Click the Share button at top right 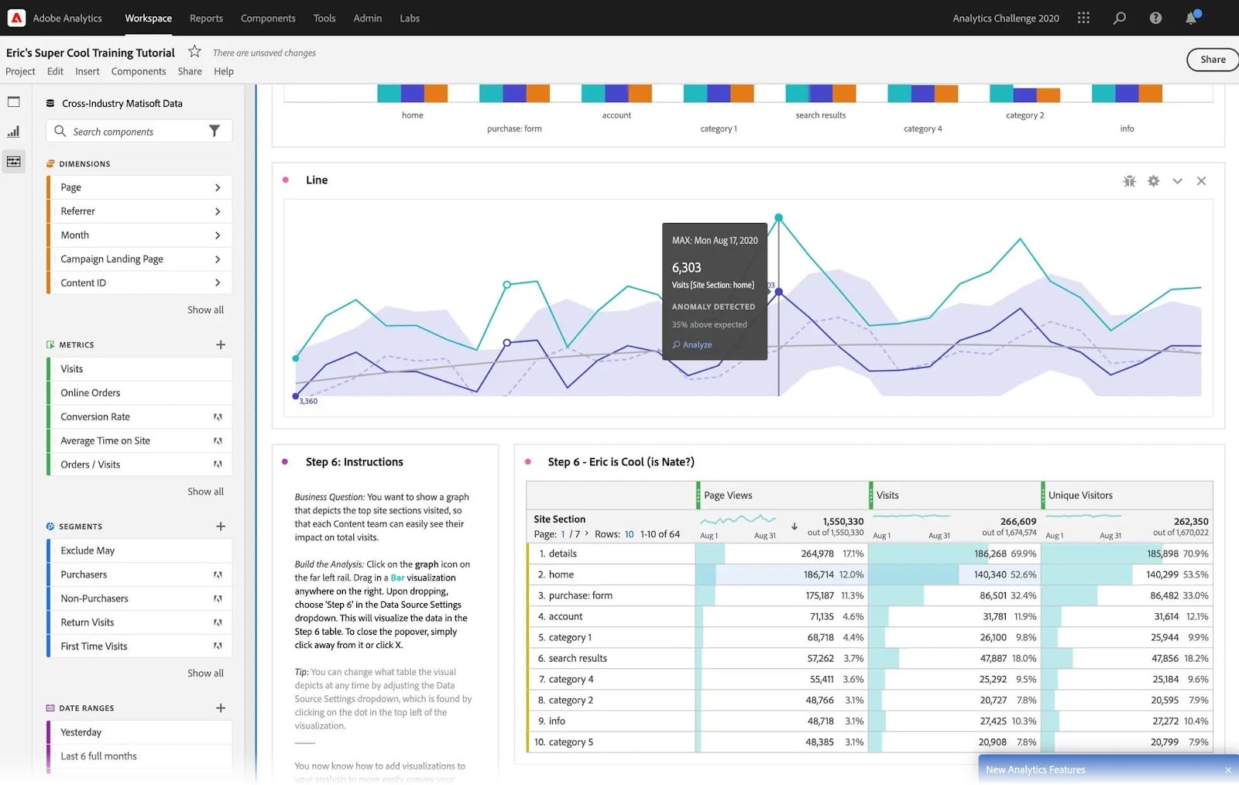tap(1212, 60)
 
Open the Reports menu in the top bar tap(206, 18)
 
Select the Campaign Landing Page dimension tap(112, 259)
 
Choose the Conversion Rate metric tap(95, 416)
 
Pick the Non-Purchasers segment tap(94, 598)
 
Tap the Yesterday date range tap(81, 732)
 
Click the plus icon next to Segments tap(221, 526)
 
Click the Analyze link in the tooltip tap(696, 345)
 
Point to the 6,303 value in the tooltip tap(686, 268)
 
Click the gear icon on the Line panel tap(1154, 181)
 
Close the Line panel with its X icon tap(1201, 181)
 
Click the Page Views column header tap(728, 495)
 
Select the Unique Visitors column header tap(1080, 495)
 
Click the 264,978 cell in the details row tap(817, 554)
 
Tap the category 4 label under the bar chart tap(922, 129)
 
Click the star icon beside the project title tap(195, 52)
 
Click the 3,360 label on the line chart tap(308, 401)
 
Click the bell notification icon tap(1191, 18)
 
